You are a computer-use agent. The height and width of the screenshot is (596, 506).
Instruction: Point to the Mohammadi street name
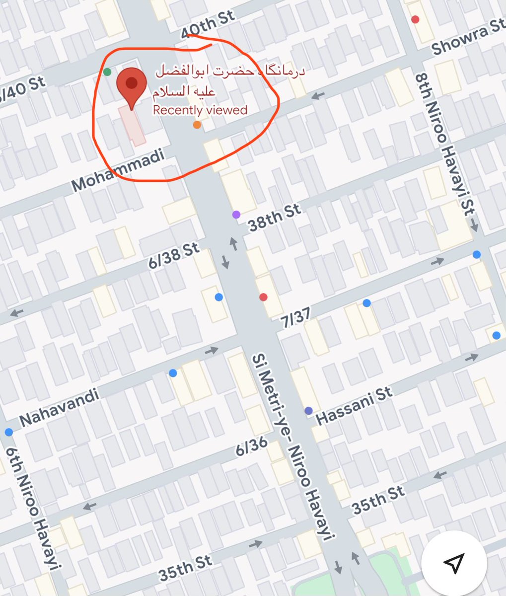click(118, 170)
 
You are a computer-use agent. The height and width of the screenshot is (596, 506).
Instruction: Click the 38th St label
click(275, 217)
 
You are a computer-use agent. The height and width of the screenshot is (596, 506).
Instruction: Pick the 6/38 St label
click(173, 256)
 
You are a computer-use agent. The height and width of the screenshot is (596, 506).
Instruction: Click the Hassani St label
click(354, 405)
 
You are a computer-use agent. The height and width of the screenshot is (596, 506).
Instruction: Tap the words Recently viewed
click(200, 110)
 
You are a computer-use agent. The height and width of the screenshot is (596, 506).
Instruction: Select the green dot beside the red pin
click(107, 72)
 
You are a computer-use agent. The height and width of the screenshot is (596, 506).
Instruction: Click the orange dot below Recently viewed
click(197, 125)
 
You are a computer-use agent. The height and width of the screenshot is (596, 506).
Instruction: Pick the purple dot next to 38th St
click(236, 215)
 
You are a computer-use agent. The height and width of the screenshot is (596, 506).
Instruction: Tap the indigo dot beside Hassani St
click(308, 411)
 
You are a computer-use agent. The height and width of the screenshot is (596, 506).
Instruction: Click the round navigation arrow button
click(453, 562)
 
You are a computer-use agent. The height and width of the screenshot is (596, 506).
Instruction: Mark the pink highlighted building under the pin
click(132, 125)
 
